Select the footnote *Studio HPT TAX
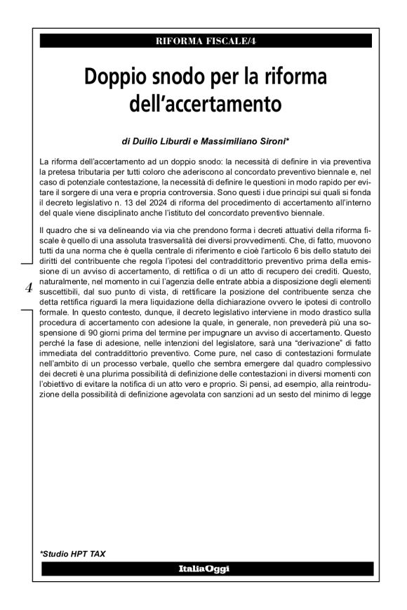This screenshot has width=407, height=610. pyautogui.click(x=73, y=554)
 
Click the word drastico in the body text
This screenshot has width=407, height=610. pyautogui.click(x=323, y=307)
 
